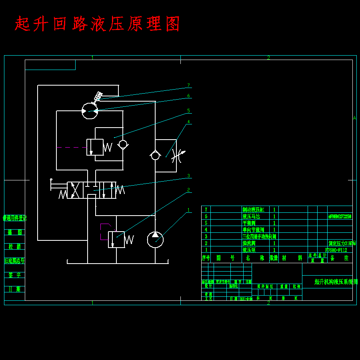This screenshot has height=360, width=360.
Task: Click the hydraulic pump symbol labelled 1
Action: (155, 239)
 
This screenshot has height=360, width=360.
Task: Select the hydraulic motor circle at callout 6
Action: (90, 111)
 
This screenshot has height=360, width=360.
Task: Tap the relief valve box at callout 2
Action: (116, 239)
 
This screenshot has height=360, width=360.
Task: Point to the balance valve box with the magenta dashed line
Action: (95, 147)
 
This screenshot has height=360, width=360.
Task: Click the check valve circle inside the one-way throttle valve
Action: (155, 155)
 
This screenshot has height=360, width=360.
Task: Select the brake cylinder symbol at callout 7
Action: (97, 96)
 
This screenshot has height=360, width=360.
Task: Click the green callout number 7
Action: (188, 85)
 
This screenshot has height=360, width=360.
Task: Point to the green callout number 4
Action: (188, 122)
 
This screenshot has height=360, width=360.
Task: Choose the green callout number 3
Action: (188, 176)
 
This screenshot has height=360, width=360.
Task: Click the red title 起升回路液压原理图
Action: (97, 24)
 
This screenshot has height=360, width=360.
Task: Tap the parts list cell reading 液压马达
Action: (251, 216)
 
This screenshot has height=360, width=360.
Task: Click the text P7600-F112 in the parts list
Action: (336, 250)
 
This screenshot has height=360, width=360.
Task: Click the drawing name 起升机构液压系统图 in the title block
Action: (336, 282)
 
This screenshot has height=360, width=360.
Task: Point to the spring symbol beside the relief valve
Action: (129, 239)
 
